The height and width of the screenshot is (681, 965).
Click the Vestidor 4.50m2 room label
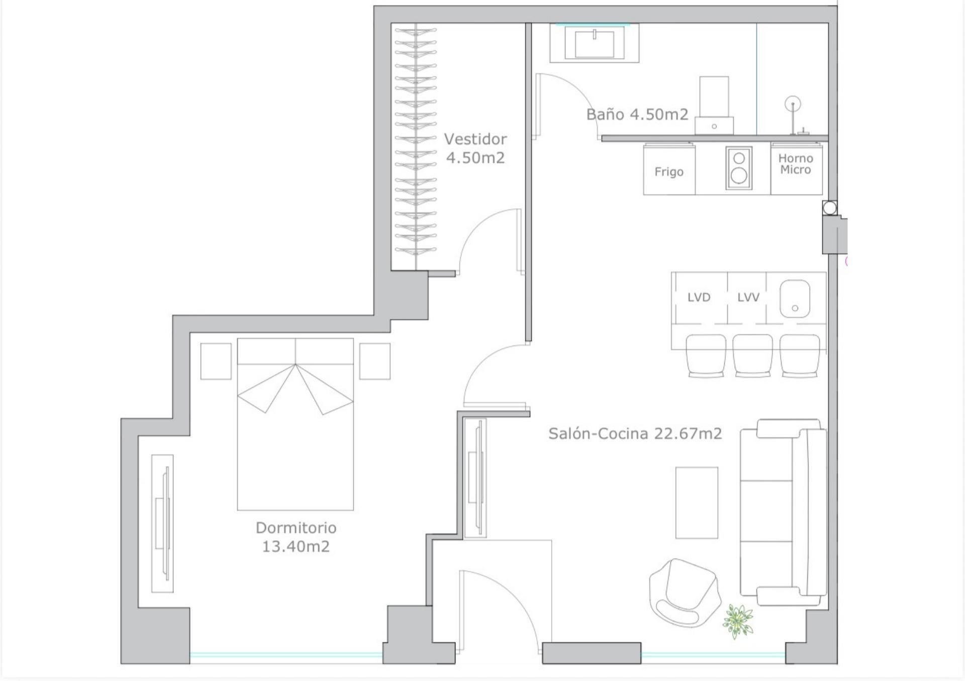475,148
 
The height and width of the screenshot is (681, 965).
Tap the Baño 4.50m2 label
637,115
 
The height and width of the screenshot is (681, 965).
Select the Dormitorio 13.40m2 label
296,537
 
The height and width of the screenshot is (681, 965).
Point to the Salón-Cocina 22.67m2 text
635,433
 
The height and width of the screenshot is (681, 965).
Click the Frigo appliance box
669,169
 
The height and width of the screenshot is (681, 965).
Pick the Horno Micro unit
796,169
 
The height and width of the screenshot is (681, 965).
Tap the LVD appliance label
699,297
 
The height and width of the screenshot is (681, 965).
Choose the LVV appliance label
748,297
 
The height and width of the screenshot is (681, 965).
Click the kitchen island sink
795,299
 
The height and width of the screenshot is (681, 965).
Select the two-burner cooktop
739,168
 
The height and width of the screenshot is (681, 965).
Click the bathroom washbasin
594,43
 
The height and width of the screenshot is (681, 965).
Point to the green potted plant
737,621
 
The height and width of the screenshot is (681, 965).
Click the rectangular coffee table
697,503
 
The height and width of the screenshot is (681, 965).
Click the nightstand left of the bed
216,361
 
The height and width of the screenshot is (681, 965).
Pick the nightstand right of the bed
375,361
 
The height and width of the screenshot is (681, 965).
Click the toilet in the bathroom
714,105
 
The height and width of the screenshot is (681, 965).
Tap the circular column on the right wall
830,207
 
